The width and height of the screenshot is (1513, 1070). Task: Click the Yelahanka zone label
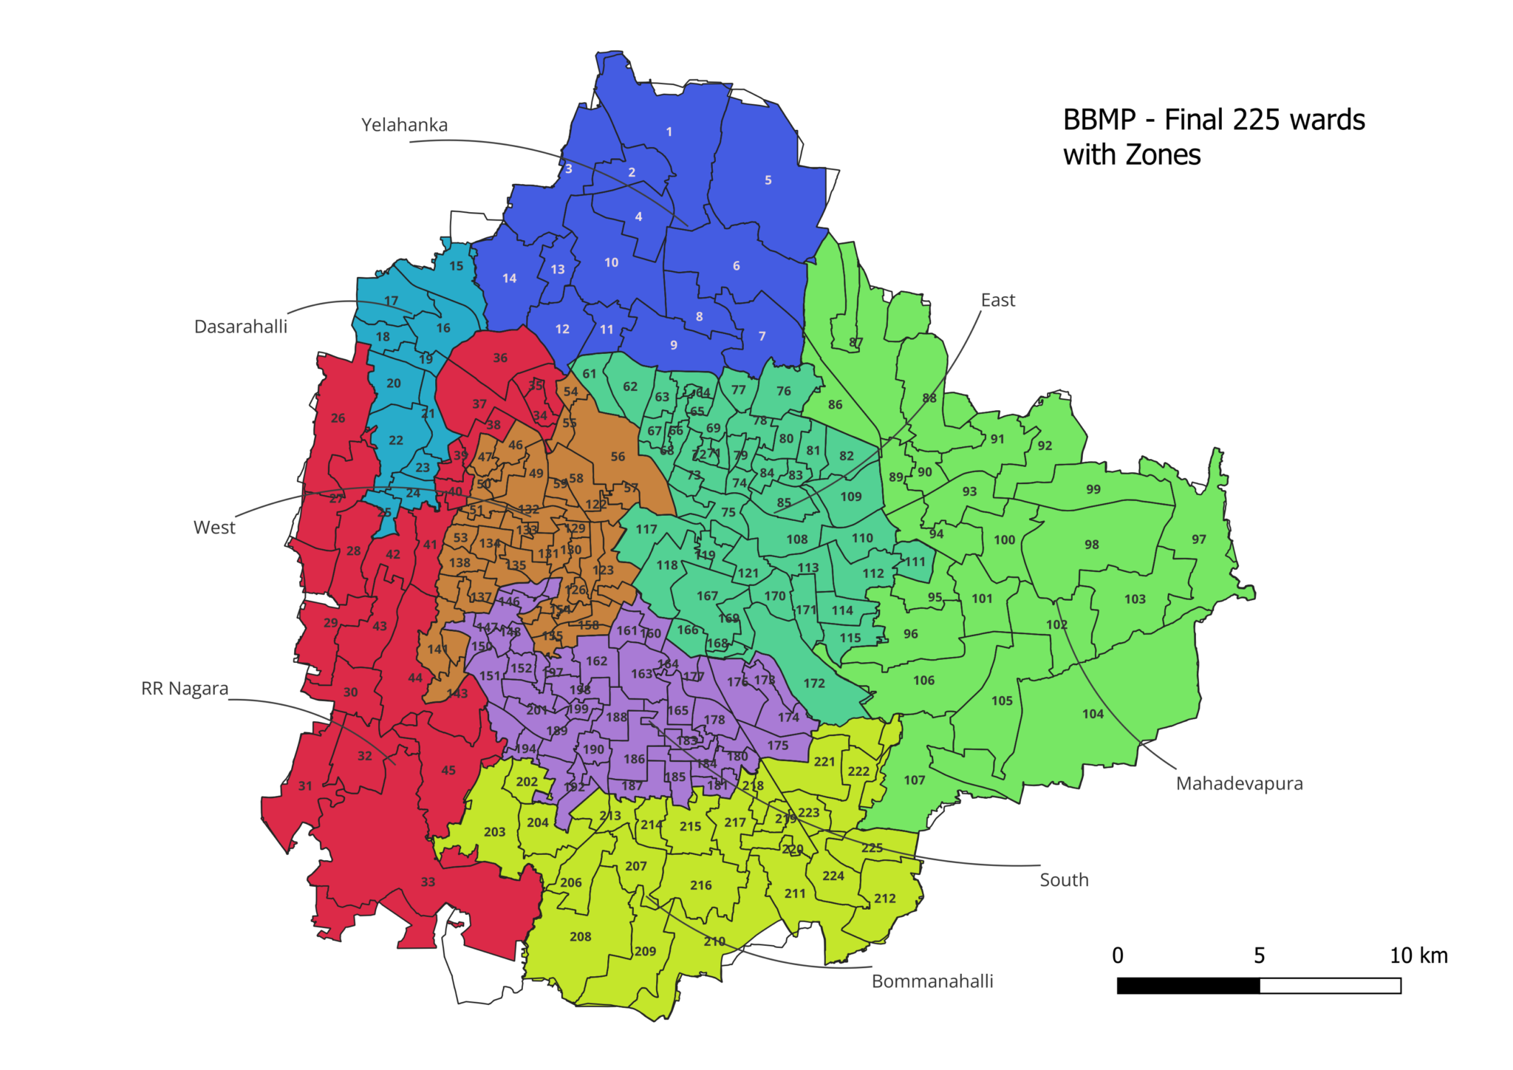(404, 125)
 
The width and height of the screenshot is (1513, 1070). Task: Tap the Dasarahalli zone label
(240, 327)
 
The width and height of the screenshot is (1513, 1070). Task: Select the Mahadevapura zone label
(1239, 783)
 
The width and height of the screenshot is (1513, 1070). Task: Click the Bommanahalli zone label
(932, 981)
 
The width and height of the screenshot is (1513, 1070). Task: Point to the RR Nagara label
(185, 689)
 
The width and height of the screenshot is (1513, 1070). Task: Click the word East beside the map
(997, 300)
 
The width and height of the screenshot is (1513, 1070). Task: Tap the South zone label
(1064, 880)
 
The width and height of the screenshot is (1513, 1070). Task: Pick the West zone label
(214, 528)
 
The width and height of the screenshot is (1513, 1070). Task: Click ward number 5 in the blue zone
(768, 180)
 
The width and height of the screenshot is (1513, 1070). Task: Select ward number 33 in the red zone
(428, 882)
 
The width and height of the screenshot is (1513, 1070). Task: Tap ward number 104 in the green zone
(1093, 714)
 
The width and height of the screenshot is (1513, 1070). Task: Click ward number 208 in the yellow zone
(580, 937)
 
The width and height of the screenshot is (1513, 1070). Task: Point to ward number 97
(1198, 539)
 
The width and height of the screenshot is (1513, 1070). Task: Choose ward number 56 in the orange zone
(618, 457)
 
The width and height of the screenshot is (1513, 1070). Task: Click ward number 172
(813, 684)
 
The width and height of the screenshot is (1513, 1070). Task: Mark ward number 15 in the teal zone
(457, 266)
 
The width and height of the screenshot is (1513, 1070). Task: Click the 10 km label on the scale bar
(1418, 955)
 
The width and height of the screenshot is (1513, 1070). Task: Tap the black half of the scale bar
(1188, 986)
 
